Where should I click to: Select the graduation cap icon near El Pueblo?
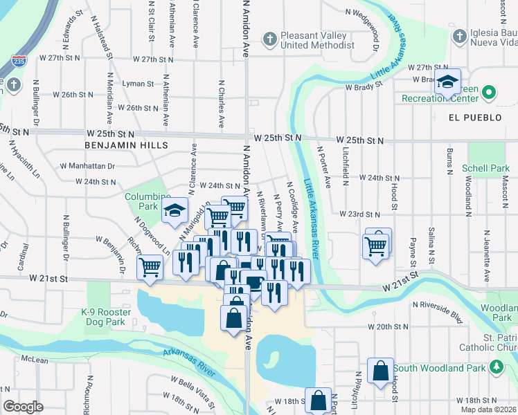(x=447, y=82)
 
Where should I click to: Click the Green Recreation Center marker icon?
(x=490, y=91)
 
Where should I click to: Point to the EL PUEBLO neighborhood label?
(x=474, y=118)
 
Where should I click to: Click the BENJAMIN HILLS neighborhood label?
(x=126, y=145)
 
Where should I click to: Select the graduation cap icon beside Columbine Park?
(x=175, y=211)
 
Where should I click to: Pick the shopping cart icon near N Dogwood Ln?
(x=150, y=266)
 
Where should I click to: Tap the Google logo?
(x=23, y=406)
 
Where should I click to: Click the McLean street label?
(x=35, y=359)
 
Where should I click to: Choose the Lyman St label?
(x=139, y=84)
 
